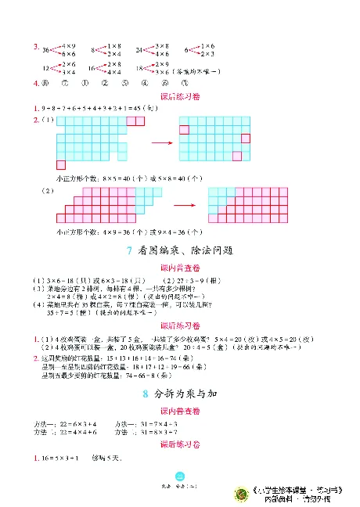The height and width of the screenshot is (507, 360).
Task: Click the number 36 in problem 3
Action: (x=46, y=49)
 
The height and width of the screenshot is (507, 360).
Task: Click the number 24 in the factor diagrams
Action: (x=139, y=49)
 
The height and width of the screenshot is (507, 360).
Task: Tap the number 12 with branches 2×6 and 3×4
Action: (x=46, y=68)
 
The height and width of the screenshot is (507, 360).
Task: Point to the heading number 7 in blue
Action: (x=128, y=250)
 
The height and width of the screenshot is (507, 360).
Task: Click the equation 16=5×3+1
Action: (x=59, y=458)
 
